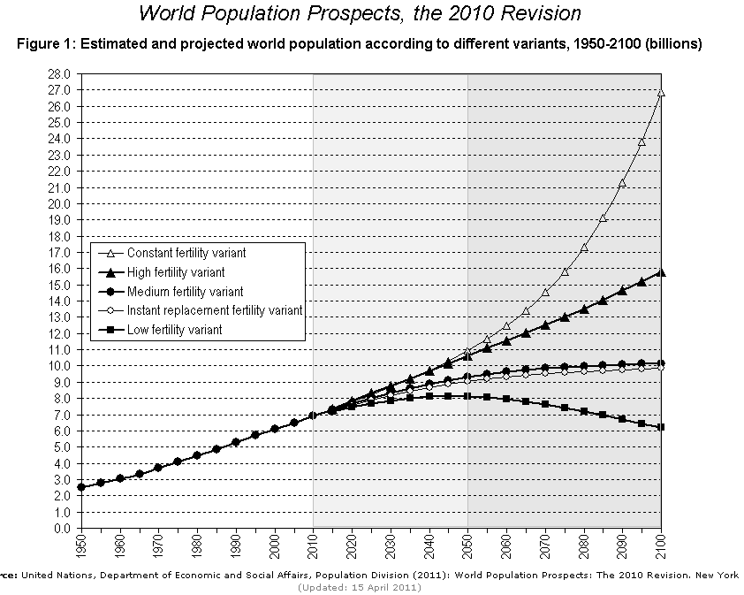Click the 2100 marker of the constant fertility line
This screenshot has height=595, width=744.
point(661,92)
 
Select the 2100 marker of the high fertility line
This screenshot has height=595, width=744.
point(661,272)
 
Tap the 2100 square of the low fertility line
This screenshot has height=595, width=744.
point(661,427)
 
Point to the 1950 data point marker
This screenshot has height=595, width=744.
point(81,487)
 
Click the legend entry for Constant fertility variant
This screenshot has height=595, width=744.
point(186,253)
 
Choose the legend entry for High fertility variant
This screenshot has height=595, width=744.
point(176,272)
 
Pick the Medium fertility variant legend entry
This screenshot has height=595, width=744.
point(185,292)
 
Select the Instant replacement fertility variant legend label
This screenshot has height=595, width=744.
point(215,310)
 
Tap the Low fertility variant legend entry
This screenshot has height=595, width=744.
point(174,330)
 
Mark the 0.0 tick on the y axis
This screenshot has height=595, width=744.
point(61,529)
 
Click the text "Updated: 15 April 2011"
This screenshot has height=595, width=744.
point(371,587)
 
